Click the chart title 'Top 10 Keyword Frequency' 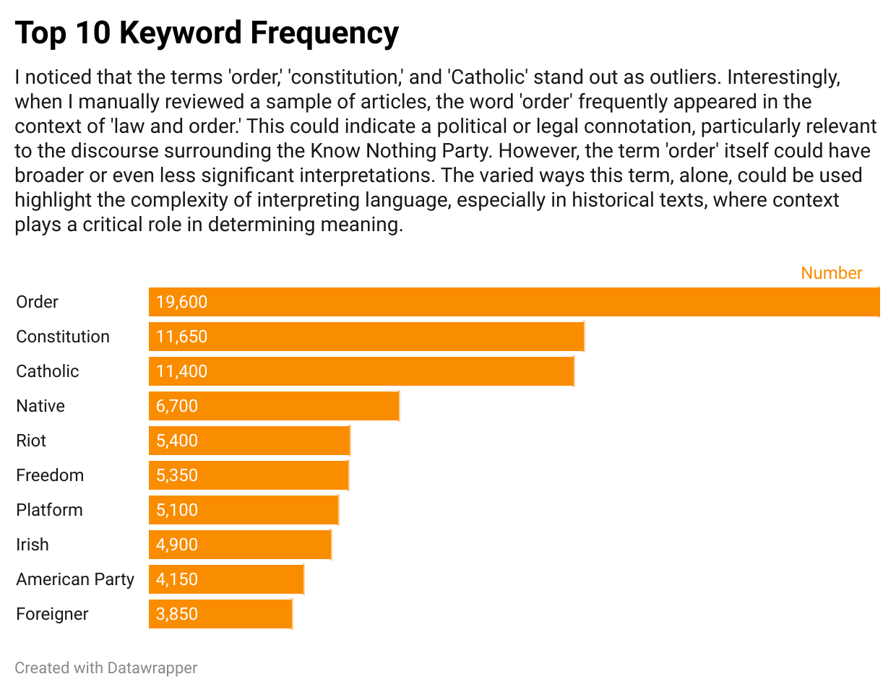(x=207, y=33)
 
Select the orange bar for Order (x=514, y=302)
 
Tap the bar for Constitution (x=366, y=337)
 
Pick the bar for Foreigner (x=220, y=614)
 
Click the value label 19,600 (x=181, y=302)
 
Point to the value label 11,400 (x=181, y=371)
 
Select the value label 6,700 (x=177, y=406)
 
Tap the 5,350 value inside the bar (x=177, y=475)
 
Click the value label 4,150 (x=177, y=579)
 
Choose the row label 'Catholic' (x=48, y=371)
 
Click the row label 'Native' (x=40, y=406)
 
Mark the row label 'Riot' (x=31, y=441)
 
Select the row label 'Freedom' (x=50, y=475)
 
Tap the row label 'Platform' (x=49, y=510)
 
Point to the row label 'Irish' (x=33, y=545)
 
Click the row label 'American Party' (x=75, y=579)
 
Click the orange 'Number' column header (x=831, y=273)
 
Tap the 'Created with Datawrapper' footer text (x=105, y=668)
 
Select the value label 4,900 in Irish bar (x=177, y=545)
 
